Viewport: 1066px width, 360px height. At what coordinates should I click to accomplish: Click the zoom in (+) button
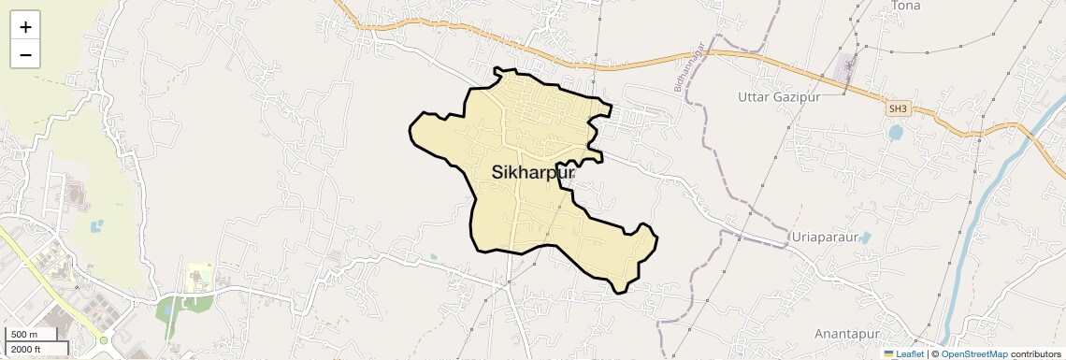[25, 27]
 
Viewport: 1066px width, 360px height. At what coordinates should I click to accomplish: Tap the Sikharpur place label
[532, 173]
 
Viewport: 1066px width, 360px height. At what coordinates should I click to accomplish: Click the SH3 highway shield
[898, 109]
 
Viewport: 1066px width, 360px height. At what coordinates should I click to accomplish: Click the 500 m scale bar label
[23, 335]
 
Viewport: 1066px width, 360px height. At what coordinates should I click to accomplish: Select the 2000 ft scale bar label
[27, 349]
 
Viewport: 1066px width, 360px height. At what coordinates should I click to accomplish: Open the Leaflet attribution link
[910, 354]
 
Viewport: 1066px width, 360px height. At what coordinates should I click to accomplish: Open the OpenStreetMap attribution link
[973, 354]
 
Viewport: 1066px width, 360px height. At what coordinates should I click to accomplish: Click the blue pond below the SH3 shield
[896, 133]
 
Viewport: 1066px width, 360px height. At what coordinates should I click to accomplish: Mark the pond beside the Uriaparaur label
[865, 238]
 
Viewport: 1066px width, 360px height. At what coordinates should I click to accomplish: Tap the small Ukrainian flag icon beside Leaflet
[889, 354]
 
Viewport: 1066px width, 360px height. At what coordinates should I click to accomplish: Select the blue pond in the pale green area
[96, 225]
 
